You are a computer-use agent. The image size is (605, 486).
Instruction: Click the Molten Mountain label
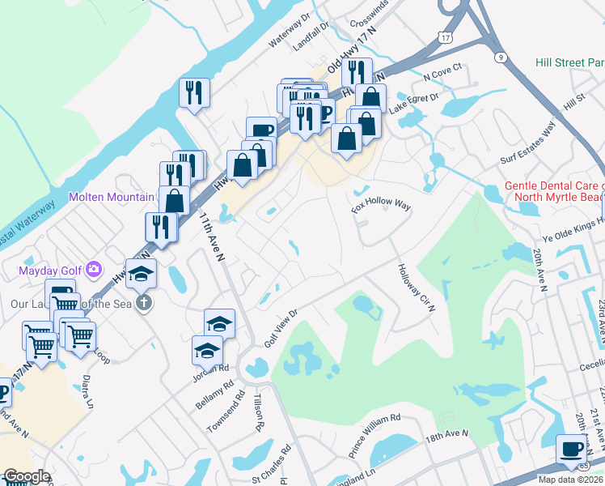coord(111,197)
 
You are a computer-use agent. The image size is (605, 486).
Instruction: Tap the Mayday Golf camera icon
coord(94,268)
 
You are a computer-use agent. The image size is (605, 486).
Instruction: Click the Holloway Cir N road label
coord(416,288)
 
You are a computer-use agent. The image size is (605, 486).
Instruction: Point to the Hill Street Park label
coord(569,62)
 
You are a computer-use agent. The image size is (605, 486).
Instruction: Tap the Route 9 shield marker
coord(501,57)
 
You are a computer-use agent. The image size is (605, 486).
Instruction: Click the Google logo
coord(26,476)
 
